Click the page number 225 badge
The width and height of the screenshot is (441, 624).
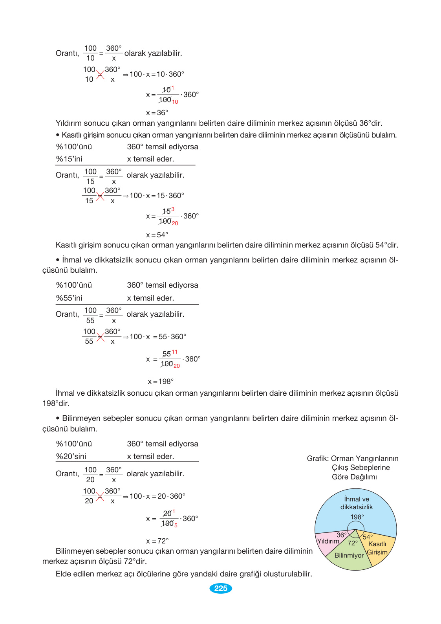tap(221, 588)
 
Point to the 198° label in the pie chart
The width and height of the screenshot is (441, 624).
tap(357, 517)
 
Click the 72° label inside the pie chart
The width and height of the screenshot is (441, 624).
tap(353, 543)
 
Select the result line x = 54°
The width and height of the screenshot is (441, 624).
tap(157, 235)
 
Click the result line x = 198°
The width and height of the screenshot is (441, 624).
tap(161, 382)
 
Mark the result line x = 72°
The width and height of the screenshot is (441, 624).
tap(157, 541)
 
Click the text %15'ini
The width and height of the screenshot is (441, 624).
tap(69, 159)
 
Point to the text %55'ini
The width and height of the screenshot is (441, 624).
tap(69, 298)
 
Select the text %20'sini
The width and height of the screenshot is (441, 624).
tap(71, 456)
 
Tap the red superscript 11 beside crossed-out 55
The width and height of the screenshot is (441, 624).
tap(174, 352)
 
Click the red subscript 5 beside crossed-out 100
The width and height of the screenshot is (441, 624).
tap(176, 525)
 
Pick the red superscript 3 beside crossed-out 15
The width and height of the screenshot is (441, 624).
tap(173, 209)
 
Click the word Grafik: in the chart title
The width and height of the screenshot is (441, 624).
tap(318, 459)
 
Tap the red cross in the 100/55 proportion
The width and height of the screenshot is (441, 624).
tap(101, 337)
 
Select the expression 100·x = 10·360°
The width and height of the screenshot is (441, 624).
tap(157, 74)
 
